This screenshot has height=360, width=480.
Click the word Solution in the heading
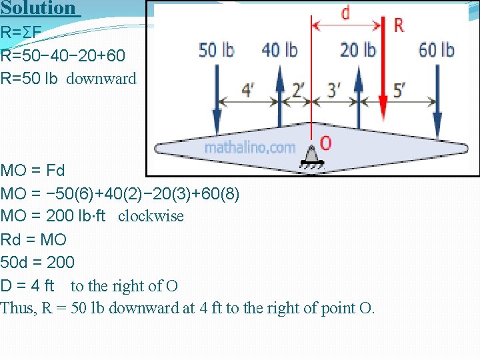pos(38,8)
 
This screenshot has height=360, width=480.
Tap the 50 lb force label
pos(217,50)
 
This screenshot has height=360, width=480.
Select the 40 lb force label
pos(279,50)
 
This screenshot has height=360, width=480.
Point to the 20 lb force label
pos(358,50)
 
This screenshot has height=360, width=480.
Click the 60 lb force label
pos(437,50)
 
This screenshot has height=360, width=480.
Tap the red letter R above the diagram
pos(399,25)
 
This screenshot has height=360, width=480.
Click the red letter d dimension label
pos(345,13)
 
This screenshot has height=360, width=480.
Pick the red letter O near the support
pos(325,143)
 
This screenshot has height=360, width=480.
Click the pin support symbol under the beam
pos(310,156)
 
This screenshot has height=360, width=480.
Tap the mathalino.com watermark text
pos(249,147)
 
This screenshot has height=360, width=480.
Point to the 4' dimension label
pos(247,91)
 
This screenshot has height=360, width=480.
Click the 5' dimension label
pos(399,91)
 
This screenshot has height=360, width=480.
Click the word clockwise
pos(151,216)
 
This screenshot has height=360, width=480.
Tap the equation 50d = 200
pos(38,262)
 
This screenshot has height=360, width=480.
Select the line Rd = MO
pos(34,239)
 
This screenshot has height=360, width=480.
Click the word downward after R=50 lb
pos(101,78)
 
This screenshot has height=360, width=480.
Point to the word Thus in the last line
pos(15,309)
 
